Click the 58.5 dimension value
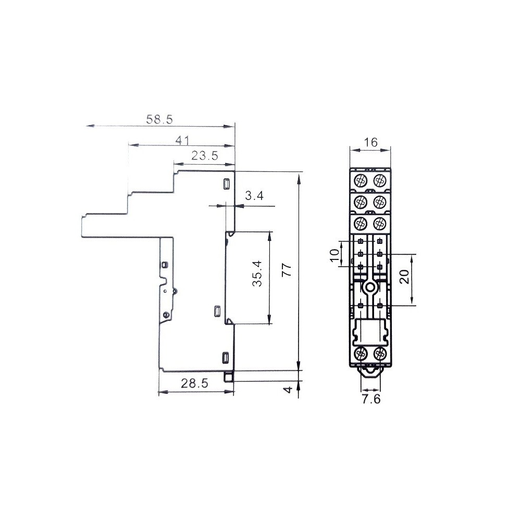pos(159,119)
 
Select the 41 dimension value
pos(182,141)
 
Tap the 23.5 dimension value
pos(205,155)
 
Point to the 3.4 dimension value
pos(254,196)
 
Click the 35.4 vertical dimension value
pos(257,274)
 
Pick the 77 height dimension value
pos(287,270)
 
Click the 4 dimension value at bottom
pos(288,389)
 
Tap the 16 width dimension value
pos(370,142)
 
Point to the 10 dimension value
pos(335,255)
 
